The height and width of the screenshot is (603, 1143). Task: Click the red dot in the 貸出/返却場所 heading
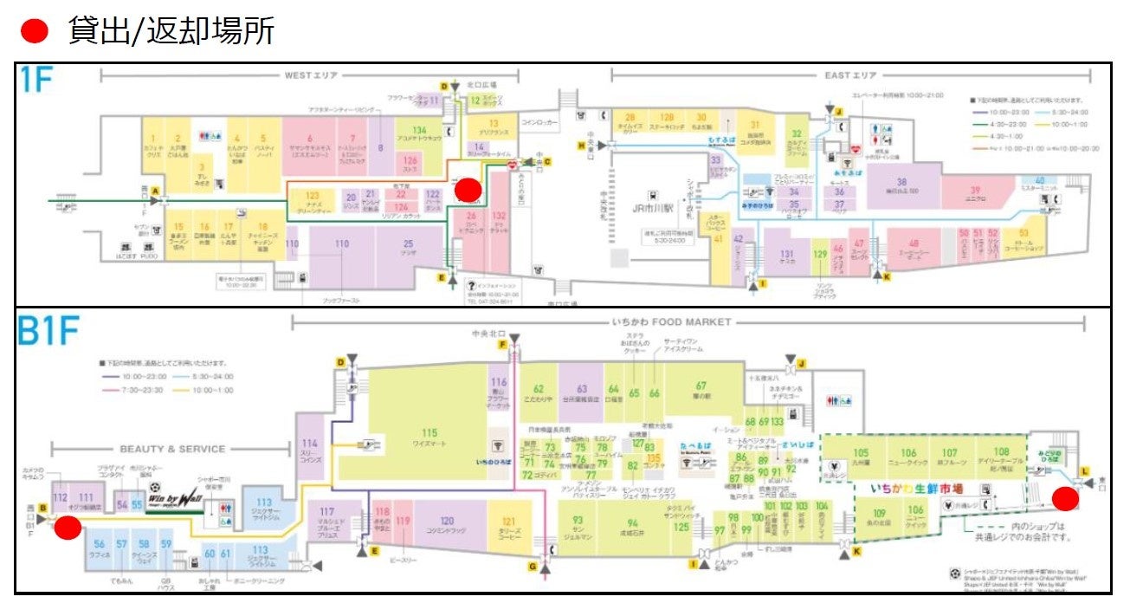(x=35, y=31)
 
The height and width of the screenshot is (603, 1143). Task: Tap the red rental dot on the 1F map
(x=468, y=190)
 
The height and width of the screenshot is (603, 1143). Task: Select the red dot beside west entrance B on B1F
(x=68, y=528)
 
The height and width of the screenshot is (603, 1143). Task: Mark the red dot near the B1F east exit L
(x=1065, y=498)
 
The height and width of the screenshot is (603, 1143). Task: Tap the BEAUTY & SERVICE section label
(x=172, y=449)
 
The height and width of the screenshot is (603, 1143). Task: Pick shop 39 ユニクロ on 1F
(x=974, y=191)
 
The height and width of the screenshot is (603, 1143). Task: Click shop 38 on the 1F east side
(x=901, y=185)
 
